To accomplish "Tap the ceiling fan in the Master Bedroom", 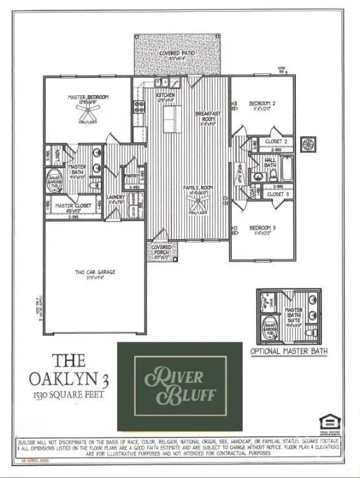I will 88,110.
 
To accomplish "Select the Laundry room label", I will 116,197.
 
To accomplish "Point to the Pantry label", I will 132,176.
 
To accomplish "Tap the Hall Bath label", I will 272,162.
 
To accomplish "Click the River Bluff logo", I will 179,387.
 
